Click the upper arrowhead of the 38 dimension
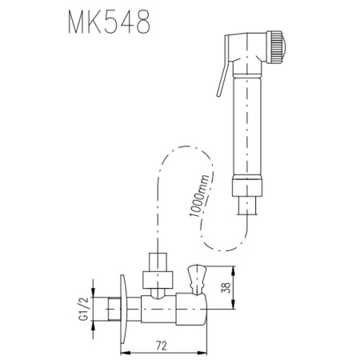coord(232,270)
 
